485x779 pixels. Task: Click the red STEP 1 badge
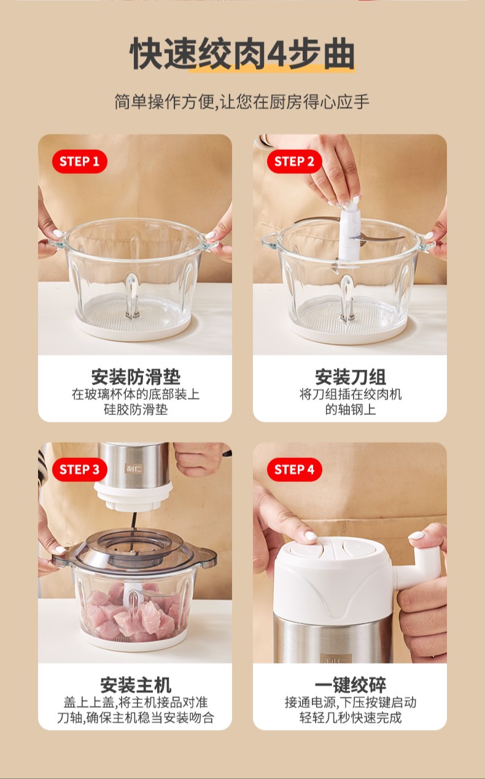[x=79, y=161]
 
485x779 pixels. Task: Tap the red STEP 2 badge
[x=294, y=161]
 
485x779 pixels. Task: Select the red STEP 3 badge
[x=79, y=470]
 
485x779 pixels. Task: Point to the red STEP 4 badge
[x=294, y=470]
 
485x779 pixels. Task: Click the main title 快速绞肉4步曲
[x=242, y=53]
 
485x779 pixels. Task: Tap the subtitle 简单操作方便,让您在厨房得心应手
[x=242, y=101]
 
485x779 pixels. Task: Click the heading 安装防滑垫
[x=136, y=377]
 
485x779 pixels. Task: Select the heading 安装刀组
[x=351, y=377]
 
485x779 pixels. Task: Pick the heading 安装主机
[x=136, y=684]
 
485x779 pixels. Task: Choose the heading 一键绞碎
[x=351, y=684]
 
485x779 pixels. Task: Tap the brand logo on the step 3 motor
[x=133, y=468]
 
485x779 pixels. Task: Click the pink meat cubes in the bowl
[x=134, y=613]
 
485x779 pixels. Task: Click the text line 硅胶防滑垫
[x=136, y=409]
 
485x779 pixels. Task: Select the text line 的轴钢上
[x=351, y=409]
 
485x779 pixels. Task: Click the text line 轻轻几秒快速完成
[x=351, y=718]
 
